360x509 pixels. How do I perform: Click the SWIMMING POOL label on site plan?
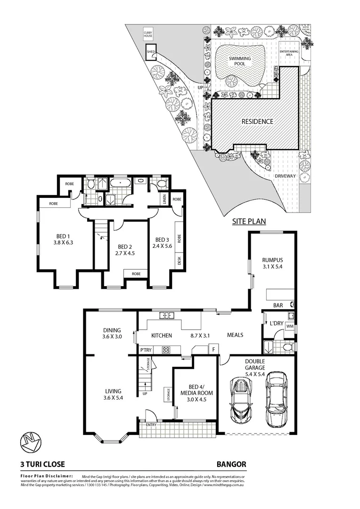coord(240,61)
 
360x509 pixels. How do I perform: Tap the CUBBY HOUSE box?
coord(149,34)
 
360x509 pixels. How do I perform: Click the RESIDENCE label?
coord(257,122)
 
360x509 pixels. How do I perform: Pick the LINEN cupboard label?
coord(164,199)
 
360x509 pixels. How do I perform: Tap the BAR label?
coord(278,305)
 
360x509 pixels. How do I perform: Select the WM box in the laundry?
coord(289,326)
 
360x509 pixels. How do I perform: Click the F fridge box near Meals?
coord(213,349)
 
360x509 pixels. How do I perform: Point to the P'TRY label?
coord(146,350)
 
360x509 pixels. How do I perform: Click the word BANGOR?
coord(231,464)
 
